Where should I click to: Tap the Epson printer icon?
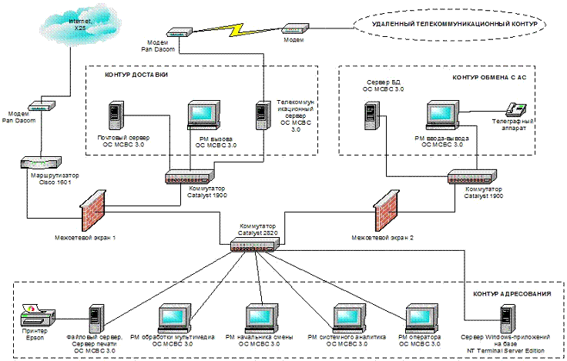coord(38,314)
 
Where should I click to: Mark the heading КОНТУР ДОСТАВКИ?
coord(136,75)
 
